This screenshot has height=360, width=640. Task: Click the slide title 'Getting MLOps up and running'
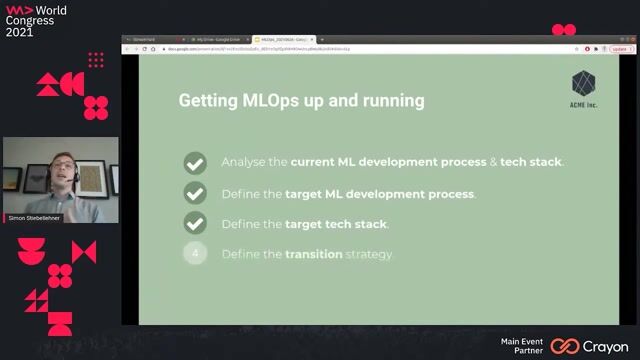point(301,101)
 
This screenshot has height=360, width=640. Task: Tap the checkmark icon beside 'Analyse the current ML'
point(195,162)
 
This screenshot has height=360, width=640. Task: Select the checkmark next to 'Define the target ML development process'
point(195,193)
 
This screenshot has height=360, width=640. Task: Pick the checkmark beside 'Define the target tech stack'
point(195,224)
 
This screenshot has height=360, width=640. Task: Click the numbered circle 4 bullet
point(195,254)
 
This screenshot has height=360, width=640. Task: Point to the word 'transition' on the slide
point(314,255)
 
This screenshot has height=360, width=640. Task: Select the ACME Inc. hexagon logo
point(584,83)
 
